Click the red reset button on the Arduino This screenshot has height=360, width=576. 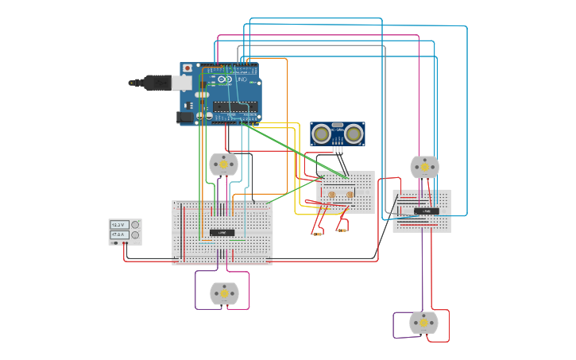click(x=187, y=68)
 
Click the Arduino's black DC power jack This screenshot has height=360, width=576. click(x=185, y=117)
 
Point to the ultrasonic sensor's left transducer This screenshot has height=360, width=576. click(x=322, y=134)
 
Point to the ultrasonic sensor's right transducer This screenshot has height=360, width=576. click(x=353, y=134)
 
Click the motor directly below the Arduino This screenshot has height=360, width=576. click(x=223, y=165)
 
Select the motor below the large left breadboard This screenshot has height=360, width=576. click(x=224, y=293)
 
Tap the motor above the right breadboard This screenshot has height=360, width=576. click(x=424, y=167)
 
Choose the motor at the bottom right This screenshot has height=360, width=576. click(x=423, y=323)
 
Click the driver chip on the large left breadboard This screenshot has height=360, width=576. click(x=222, y=232)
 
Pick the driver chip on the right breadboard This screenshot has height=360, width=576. click(x=426, y=211)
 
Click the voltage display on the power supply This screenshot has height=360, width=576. click(x=119, y=225)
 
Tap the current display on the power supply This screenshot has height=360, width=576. click(x=119, y=235)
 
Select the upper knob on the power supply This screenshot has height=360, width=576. click(x=135, y=225)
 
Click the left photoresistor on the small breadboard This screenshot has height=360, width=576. click(x=331, y=195)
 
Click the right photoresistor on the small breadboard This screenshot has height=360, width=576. click(x=350, y=195)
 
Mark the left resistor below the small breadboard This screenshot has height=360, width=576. click(x=318, y=234)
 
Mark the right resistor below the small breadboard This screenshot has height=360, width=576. click(x=342, y=230)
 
